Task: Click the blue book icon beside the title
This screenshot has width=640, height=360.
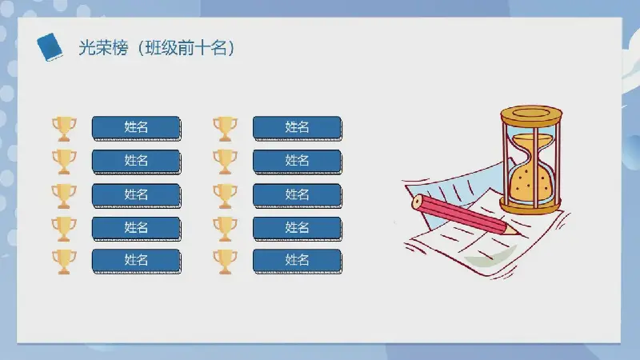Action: pos(50,47)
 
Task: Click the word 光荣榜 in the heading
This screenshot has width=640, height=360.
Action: pos(103,48)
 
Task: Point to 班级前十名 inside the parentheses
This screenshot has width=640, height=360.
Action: pos(186,48)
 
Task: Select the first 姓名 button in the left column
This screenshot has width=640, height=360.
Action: pos(136,128)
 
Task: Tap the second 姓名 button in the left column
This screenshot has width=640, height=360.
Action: pos(136,162)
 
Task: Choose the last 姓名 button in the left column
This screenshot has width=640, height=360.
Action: pos(136,261)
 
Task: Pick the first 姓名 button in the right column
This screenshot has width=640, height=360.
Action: pos(297,128)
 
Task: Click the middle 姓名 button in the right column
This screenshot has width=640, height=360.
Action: pos(297,195)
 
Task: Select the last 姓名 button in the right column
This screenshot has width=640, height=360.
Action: pos(297,261)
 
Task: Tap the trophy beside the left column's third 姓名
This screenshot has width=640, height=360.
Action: pos(64,196)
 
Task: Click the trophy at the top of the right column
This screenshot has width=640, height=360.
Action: pos(225,129)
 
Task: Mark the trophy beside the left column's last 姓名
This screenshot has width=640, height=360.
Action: pos(64,262)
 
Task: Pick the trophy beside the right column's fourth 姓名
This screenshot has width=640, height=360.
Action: pos(225,229)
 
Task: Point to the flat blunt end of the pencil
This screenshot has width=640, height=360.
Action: pos(417,202)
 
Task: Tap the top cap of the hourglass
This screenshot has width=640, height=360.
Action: pos(531,114)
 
